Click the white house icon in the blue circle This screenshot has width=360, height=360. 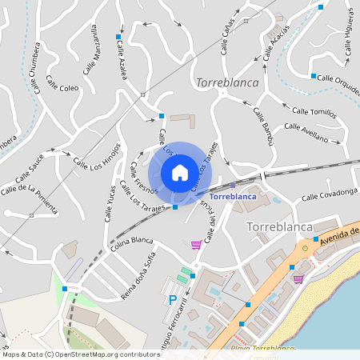[180, 172]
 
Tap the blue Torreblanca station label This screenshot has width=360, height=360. [232, 196]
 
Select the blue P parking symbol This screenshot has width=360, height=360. [173, 300]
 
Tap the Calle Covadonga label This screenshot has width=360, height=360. [329, 195]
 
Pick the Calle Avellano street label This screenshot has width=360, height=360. [306, 132]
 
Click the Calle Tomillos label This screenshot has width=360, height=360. [314, 112]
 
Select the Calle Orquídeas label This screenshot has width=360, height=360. [338, 78]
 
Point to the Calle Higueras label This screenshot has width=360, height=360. [350, 35]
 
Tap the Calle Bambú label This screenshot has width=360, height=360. [263, 126]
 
